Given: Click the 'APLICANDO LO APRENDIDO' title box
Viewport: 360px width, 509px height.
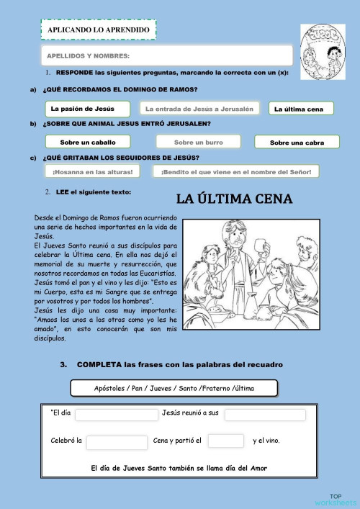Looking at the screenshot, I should pos(99,30).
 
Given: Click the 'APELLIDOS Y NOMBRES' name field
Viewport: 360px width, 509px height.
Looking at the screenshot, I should pos(167,55).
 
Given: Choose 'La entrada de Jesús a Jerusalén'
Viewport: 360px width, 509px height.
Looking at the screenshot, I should pos(199,109).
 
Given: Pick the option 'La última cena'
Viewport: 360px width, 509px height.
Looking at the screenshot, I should pos(301,109).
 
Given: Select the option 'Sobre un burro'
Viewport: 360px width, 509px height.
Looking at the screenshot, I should pos(199,143).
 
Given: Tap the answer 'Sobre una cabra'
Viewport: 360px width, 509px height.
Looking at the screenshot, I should pos(297,143).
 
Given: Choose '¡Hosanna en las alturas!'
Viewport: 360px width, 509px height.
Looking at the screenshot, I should pos(93,172).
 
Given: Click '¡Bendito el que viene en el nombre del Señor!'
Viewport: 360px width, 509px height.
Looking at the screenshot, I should pos(235,172).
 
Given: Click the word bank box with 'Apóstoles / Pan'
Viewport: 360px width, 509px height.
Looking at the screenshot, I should pos(174,388).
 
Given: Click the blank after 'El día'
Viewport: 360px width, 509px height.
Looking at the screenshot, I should pos(116,415).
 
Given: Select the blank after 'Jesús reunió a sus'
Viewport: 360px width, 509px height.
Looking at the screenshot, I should pos(264,415).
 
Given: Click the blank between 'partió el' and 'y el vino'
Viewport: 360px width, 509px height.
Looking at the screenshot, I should pos(226,441).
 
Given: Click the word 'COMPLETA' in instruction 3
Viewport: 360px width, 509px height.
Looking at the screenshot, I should pos(99,365).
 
